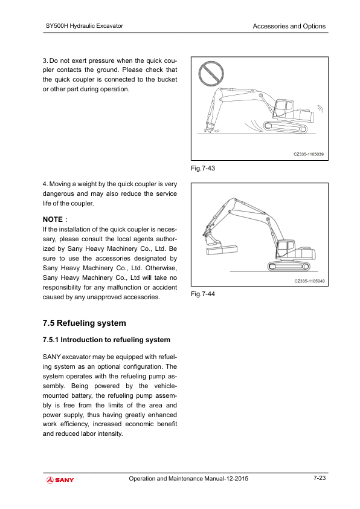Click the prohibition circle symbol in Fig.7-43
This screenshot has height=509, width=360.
(211, 74)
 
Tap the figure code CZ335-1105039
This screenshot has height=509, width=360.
(309, 154)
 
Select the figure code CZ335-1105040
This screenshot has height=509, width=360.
(309, 281)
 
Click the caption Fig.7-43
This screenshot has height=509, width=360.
(203, 168)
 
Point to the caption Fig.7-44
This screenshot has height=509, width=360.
(203, 294)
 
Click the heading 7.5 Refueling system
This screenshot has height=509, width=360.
(85, 323)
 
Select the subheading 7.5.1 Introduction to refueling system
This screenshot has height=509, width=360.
(106, 340)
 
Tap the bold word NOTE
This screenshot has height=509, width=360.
(53, 219)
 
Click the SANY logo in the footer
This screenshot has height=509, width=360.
(60, 480)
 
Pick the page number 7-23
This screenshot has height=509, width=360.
(320, 478)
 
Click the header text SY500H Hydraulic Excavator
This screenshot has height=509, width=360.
(85, 26)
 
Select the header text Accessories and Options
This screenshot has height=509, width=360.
(289, 26)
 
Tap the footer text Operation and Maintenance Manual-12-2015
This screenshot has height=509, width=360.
(188, 479)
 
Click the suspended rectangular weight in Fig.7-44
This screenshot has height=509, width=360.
(222, 250)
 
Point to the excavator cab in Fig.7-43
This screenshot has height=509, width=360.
(283, 109)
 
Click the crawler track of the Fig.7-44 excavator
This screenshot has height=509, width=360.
(289, 266)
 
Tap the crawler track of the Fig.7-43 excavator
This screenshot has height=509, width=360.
(285, 127)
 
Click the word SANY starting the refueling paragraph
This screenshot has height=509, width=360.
(52, 357)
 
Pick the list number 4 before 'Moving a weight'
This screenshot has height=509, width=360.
(45, 184)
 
